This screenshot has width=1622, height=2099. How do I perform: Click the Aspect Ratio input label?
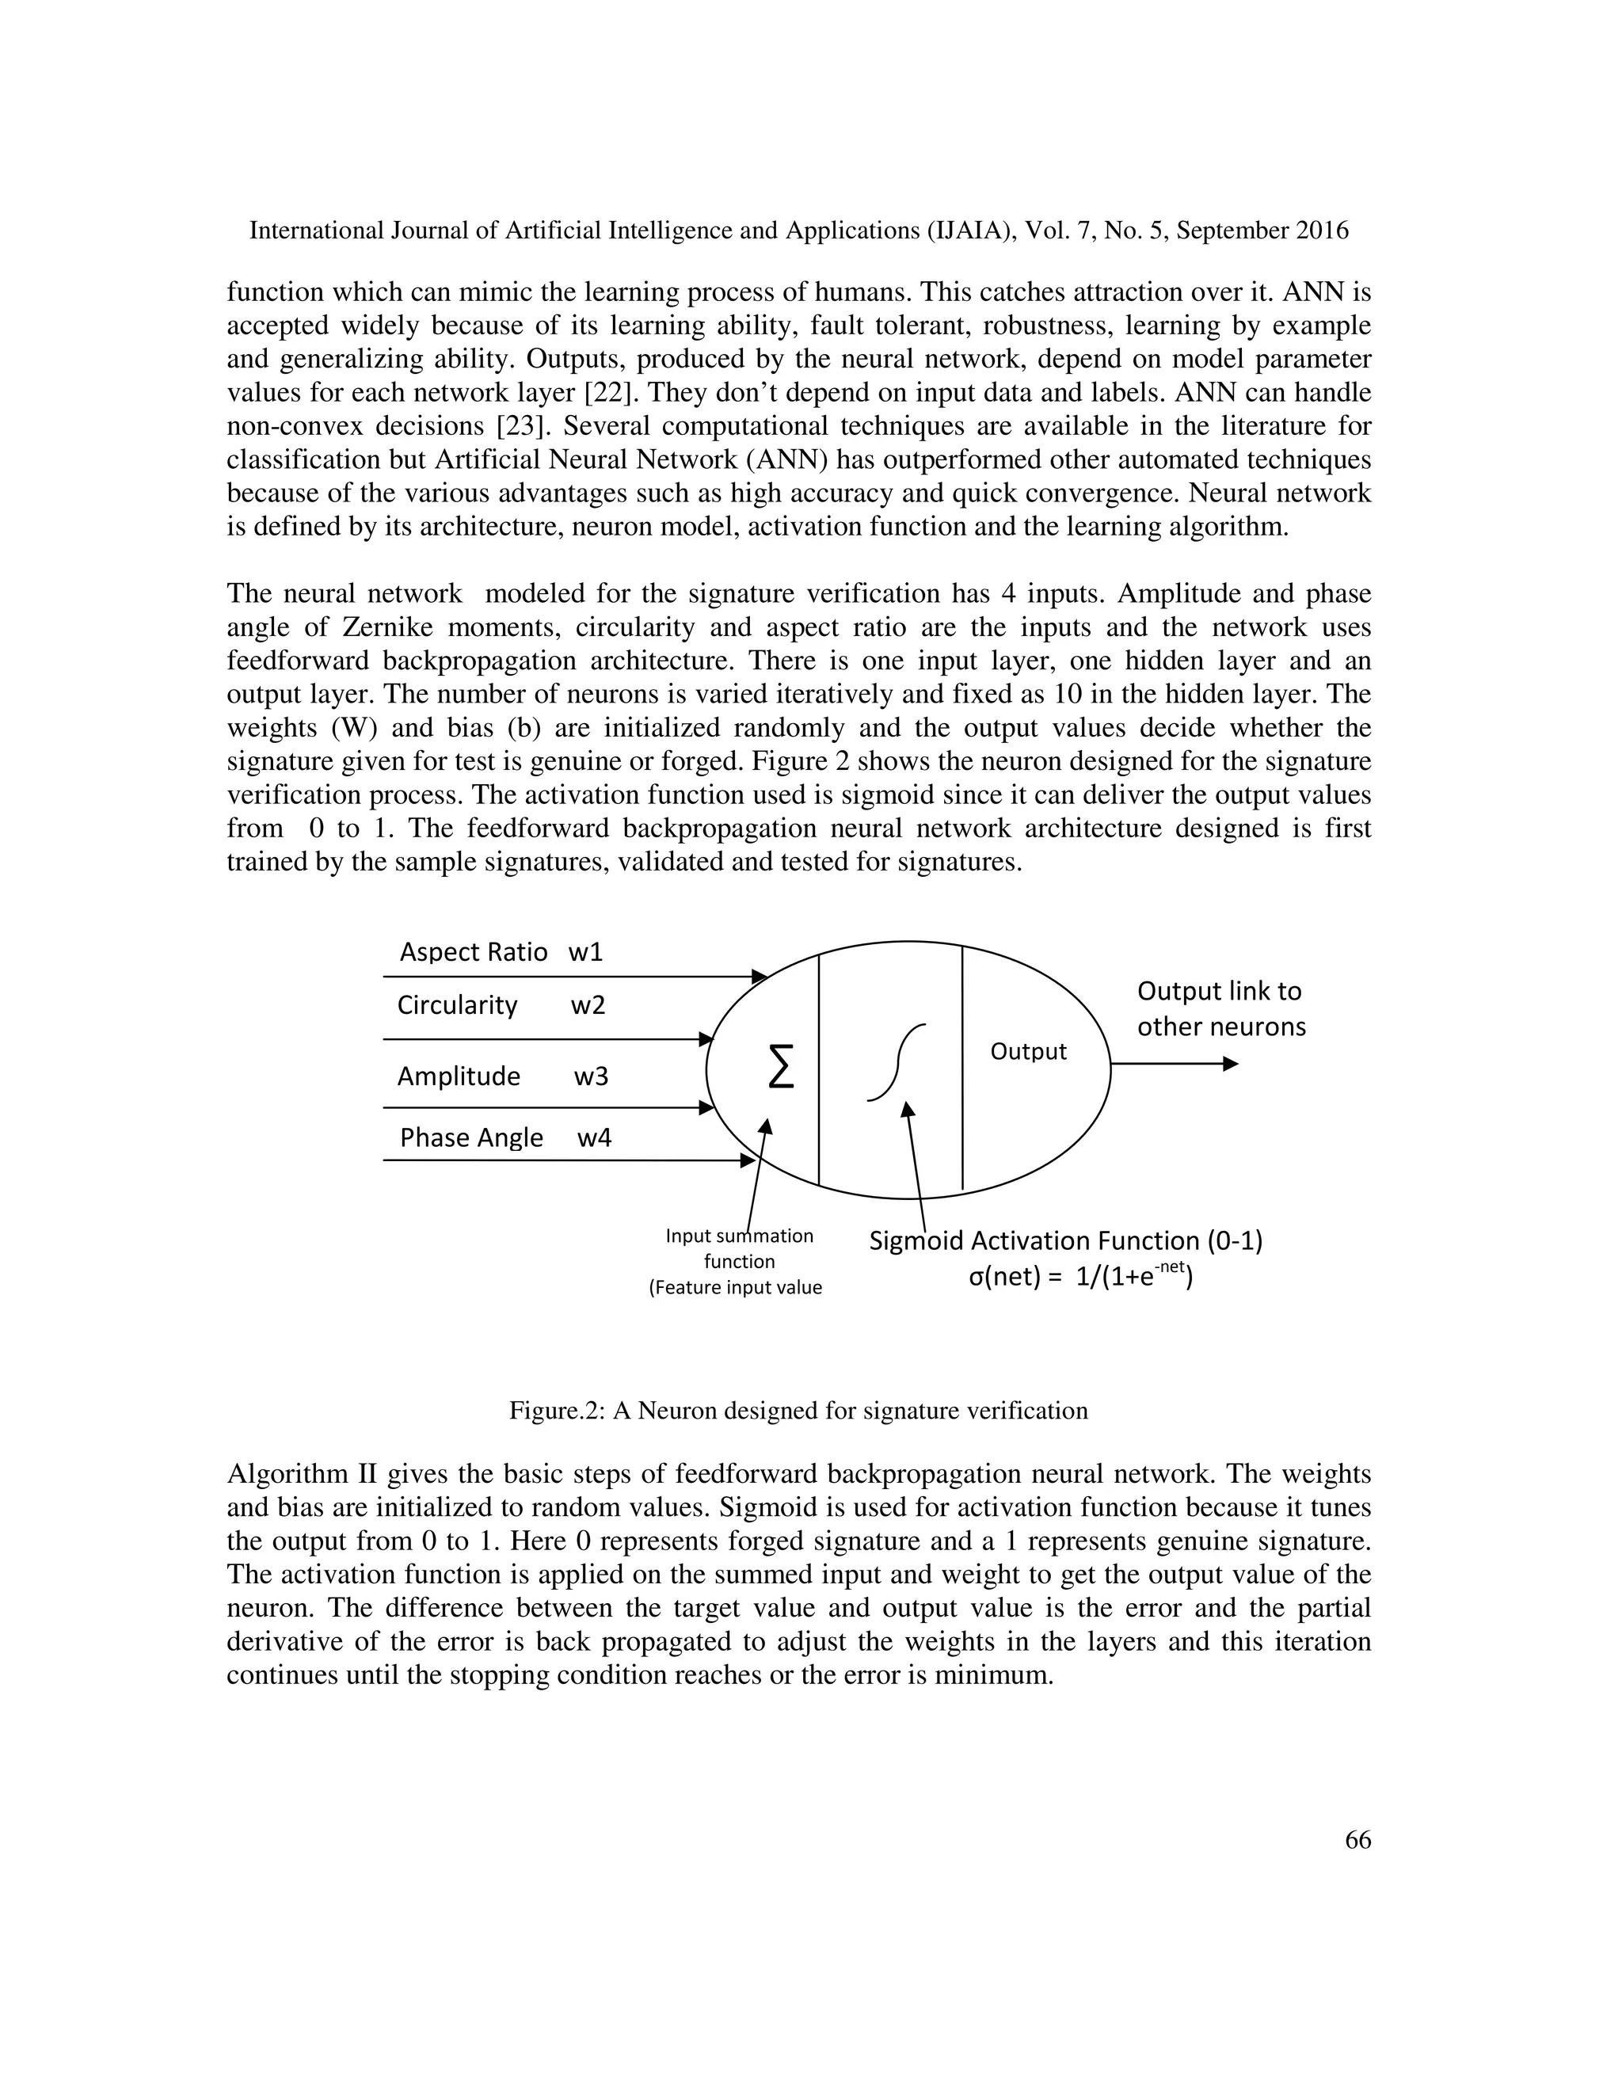pyautogui.click(x=473, y=952)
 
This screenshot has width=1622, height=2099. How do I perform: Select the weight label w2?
pyautogui.click(x=587, y=1005)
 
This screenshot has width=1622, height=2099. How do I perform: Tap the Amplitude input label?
pyautogui.click(x=459, y=1076)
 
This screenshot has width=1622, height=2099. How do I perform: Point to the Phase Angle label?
pyautogui.click(x=471, y=1138)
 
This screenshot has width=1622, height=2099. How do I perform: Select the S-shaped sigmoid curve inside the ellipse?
pyautogui.click(x=896, y=1062)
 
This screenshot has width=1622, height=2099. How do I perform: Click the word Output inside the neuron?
pyautogui.click(x=1027, y=1051)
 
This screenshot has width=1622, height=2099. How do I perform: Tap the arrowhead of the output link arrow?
pyautogui.click(x=1230, y=1064)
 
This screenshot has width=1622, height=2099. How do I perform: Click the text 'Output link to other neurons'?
pyautogui.click(x=1220, y=1009)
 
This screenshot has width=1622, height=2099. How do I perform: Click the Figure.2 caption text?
pyautogui.click(x=798, y=1411)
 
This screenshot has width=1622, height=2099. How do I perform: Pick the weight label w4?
pyautogui.click(x=594, y=1138)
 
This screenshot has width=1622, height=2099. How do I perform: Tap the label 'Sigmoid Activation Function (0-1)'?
pyautogui.click(x=1064, y=1240)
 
